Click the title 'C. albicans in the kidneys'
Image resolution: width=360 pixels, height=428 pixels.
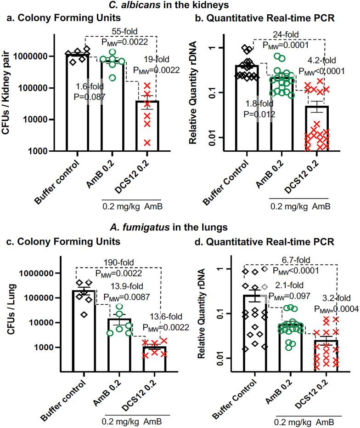[x=180, y=6]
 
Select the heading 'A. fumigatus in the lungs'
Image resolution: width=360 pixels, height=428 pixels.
[x=180, y=226]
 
